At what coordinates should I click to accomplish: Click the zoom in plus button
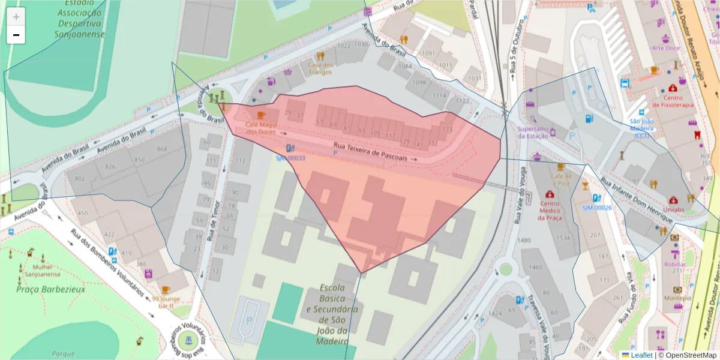[x=16, y=17]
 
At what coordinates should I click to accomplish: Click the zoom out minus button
[x=16, y=35]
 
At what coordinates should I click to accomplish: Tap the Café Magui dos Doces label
[x=260, y=128]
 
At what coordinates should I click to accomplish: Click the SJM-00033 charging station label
[x=290, y=158]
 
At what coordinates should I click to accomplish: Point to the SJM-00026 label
[x=596, y=208]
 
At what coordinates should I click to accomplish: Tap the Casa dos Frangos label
[x=320, y=68]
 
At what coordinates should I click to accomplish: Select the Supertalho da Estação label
[x=533, y=132]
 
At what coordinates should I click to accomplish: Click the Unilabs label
[x=674, y=209]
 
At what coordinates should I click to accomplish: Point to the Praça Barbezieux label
[x=51, y=289]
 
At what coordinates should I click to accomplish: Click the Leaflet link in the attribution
[x=640, y=355]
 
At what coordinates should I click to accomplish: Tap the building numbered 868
[x=161, y=149]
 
